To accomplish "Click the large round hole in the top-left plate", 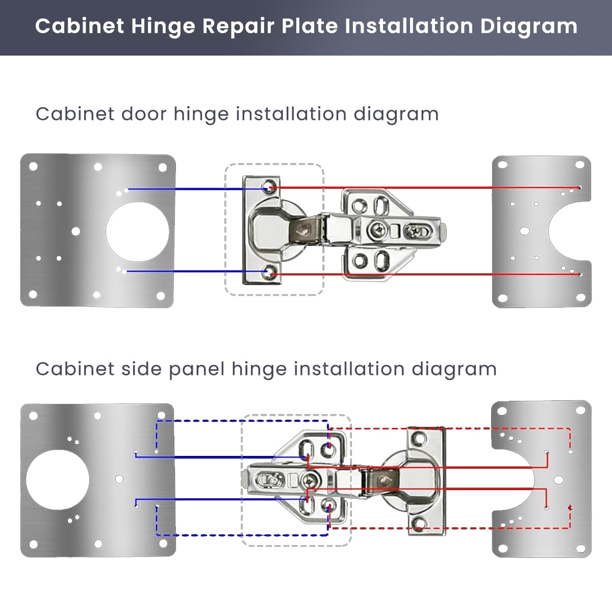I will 137,231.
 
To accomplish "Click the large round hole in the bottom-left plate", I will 58,479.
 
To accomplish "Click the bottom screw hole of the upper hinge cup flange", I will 268,273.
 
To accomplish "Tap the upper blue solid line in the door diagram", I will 194,189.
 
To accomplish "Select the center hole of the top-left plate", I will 75,232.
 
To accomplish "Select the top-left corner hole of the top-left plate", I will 33,166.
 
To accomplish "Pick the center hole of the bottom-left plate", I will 119,479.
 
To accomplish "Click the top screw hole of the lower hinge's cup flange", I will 420,438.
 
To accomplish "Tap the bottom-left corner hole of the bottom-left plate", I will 33,545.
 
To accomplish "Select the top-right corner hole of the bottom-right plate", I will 580,411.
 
